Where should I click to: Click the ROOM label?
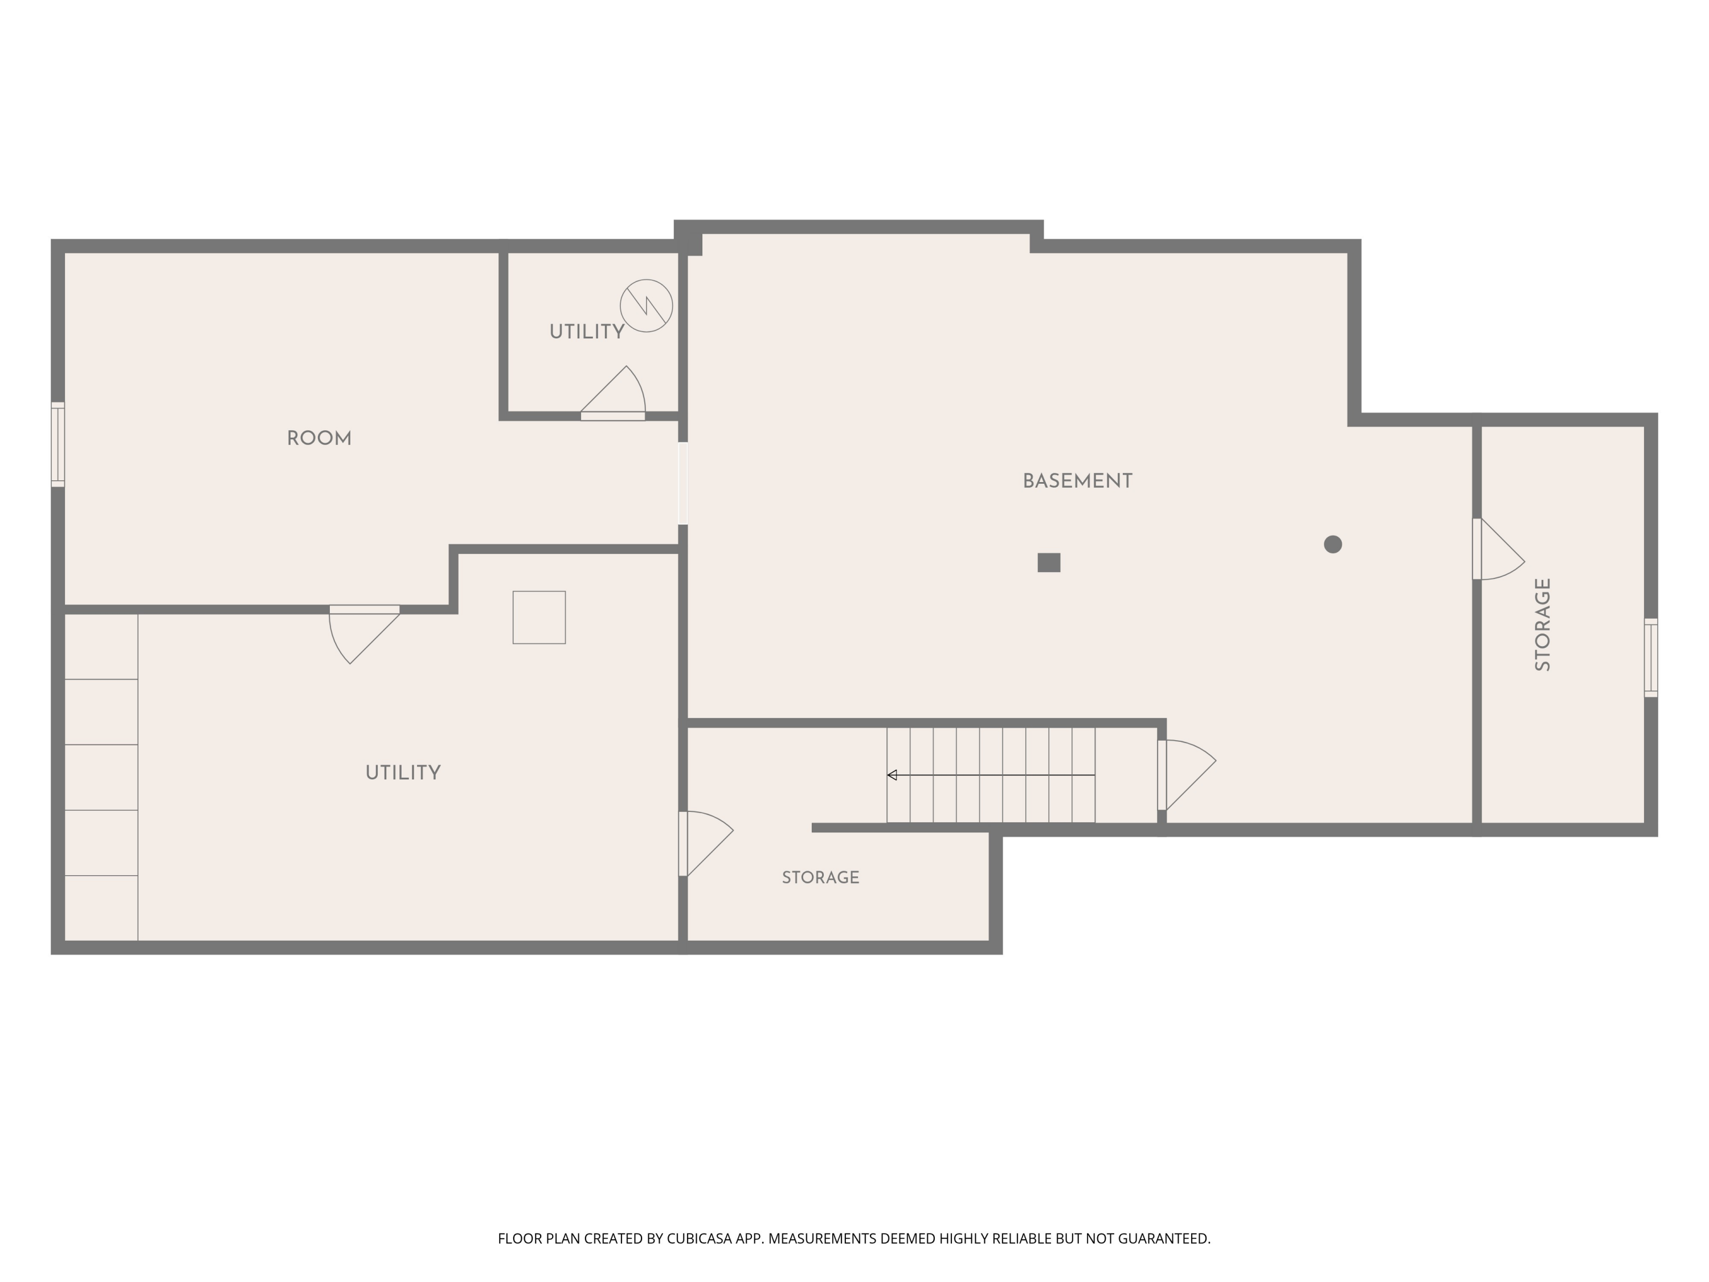tap(319, 439)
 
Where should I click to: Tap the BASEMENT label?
tap(1078, 481)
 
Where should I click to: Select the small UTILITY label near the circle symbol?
tap(586, 332)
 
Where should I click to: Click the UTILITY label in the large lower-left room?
tap(403, 773)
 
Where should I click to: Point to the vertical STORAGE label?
tap(1543, 624)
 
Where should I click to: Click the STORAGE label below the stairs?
tap(820, 878)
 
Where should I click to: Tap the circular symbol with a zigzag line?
tap(647, 306)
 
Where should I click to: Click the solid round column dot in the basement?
tap(1333, 545)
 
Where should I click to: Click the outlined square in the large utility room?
tap(539, 618)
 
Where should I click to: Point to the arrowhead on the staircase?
tap(892, 775)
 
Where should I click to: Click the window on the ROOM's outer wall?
tap(58, 444)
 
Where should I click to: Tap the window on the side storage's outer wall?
tap(1651, 658)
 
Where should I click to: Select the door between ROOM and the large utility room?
tap(365, 634)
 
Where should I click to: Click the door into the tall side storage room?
tap(1499, 549)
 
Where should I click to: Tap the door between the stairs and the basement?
tap(1187, 775)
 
